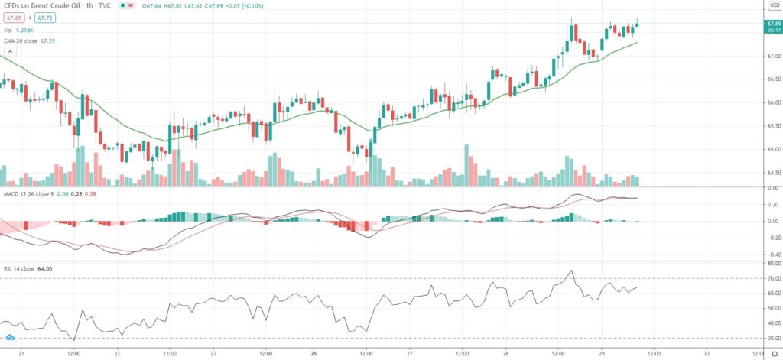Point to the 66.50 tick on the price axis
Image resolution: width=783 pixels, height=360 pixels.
point(772,79)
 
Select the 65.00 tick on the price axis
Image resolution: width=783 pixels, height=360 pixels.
point(772,150)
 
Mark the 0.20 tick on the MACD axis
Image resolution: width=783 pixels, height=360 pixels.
point(772,204)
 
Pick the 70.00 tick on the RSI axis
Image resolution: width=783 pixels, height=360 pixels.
point(772,278)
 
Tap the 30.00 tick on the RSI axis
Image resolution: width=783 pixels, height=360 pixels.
point(772,338)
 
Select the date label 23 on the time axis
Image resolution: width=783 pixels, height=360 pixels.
point(215,353)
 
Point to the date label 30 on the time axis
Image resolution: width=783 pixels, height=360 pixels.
point(707,353)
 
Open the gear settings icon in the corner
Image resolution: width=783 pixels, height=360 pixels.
point(774,354)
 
